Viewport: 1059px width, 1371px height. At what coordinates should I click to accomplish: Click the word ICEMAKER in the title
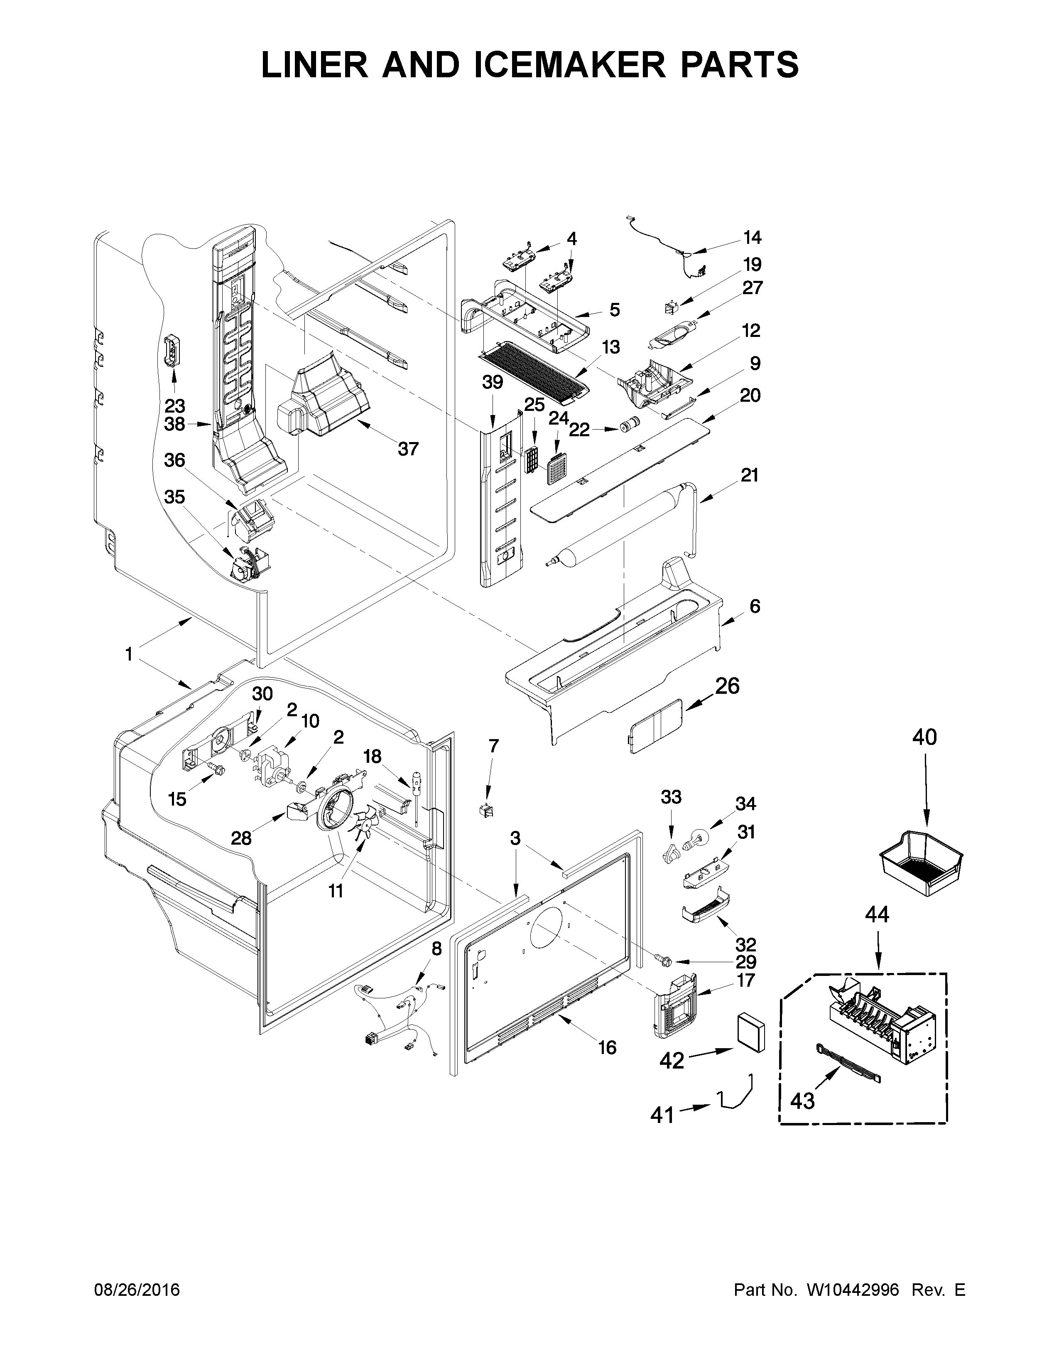click(568, 65)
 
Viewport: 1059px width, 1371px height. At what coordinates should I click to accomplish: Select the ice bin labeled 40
click(921, 864)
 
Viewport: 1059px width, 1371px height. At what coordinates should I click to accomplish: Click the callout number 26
click(727, 686)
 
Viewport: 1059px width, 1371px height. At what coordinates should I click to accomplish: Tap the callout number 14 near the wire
click(752, 237)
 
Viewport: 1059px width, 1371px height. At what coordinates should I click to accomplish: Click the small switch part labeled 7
click(485, 811)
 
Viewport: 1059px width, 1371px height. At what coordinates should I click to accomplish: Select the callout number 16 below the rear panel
click(607, 1047)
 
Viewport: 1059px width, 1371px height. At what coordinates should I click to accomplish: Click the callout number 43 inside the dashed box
click(802, 1101)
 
